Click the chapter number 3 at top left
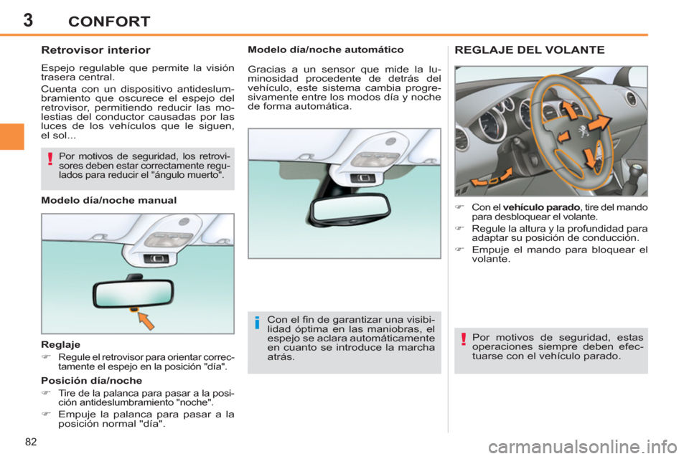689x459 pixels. [28, 19]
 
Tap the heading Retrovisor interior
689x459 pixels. [95, 50]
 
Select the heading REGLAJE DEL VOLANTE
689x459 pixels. [530, 50]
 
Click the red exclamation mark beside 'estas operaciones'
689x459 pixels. [464, 341]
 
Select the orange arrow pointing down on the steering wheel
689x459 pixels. [590, 159]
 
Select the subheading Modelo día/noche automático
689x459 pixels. [325, 50]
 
